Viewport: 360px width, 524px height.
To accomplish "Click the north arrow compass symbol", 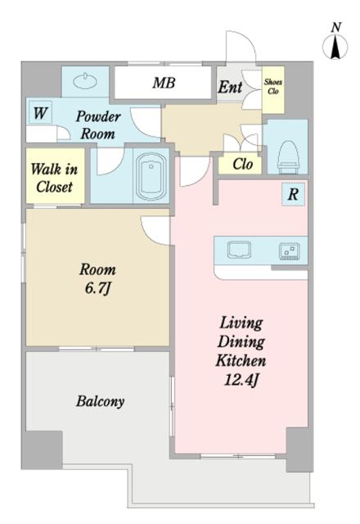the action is point(335,46).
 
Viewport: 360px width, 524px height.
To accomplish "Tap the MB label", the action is point(164,83).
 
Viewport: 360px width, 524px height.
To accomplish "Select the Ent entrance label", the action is point(230,88).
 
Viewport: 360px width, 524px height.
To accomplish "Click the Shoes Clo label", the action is point(272,86).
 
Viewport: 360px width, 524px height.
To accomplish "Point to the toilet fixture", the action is point(288,157).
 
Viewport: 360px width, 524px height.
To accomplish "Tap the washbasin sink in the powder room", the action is point(85,81).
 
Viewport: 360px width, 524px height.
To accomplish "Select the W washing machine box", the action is point(40,113).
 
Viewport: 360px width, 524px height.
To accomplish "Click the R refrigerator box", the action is point(293,194).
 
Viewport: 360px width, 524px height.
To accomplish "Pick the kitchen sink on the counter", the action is point(239,250).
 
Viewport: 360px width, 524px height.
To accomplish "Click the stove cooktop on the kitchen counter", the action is point(289,251).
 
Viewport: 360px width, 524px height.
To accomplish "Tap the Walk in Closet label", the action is point(55,178).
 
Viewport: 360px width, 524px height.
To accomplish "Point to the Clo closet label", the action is point(242,164).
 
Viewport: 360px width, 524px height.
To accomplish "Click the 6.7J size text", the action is point(97,288).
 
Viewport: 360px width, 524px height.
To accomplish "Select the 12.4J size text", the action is point(241,380).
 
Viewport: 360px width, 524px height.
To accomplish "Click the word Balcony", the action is point(100,401).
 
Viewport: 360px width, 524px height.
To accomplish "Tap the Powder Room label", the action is point(98,125).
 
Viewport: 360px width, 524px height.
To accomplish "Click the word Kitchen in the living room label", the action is point(241,360).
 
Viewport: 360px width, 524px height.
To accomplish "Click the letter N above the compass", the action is point(336,27).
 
